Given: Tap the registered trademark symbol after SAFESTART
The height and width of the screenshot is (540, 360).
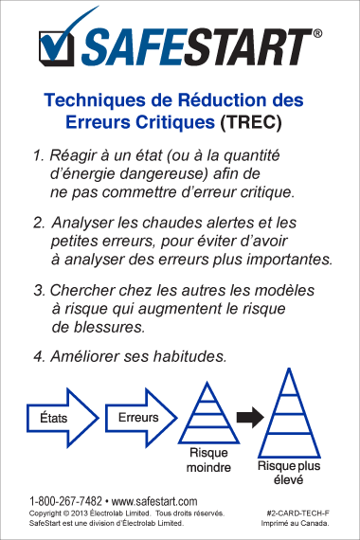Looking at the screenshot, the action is point(317,33).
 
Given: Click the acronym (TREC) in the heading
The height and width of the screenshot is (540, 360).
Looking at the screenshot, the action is point(251,122).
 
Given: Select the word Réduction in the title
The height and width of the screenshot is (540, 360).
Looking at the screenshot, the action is point(223,100).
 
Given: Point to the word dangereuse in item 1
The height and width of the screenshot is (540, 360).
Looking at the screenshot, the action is point(164,173).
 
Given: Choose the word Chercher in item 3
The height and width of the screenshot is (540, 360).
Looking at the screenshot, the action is point(82,290).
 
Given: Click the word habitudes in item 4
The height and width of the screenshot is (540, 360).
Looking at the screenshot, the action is point(190,356).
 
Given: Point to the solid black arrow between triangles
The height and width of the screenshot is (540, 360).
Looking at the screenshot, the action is point(250,418).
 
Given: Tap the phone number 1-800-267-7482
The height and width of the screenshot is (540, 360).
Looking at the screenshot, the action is point(65,501).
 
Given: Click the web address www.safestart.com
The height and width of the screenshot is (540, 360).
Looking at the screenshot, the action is point(154,501).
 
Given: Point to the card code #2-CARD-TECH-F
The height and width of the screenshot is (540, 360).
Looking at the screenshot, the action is point(298,513).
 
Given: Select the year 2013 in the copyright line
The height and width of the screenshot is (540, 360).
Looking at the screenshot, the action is point(79,513).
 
